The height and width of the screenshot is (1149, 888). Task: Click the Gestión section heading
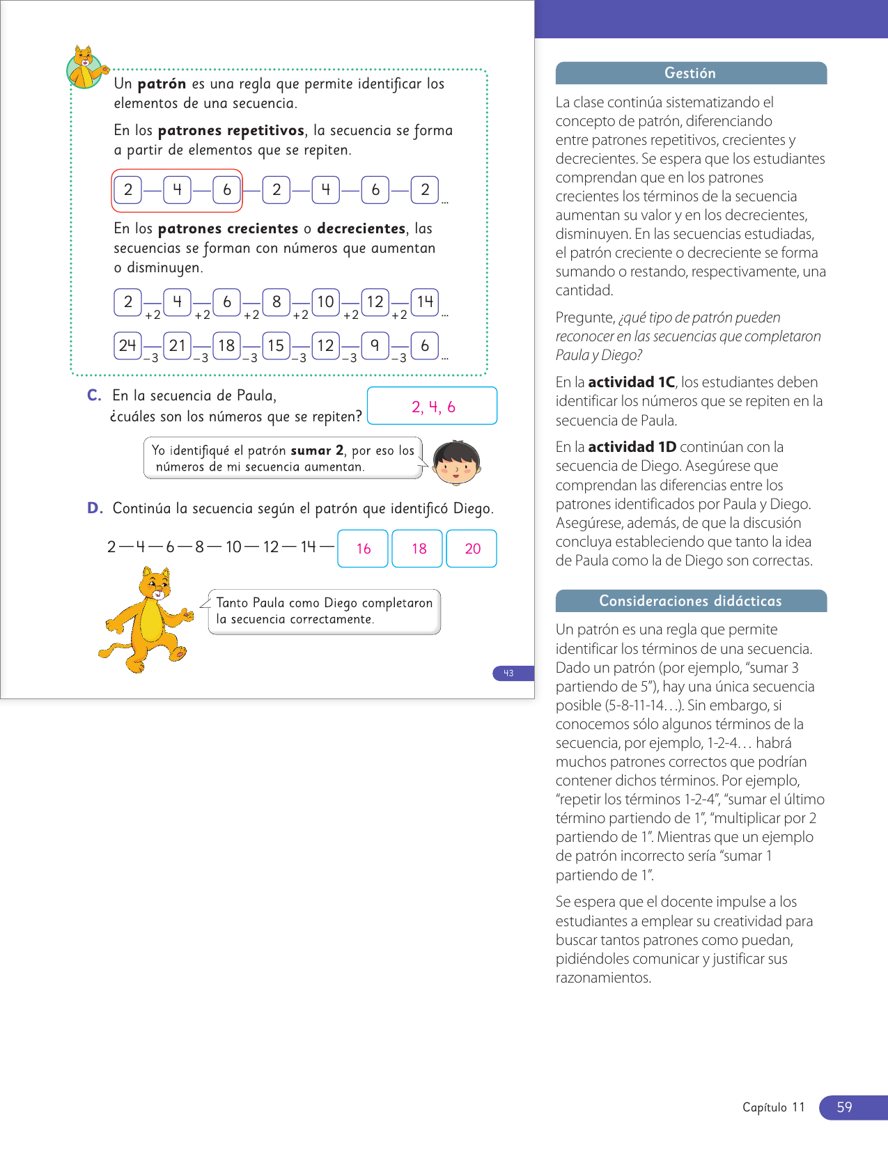coord(690,73)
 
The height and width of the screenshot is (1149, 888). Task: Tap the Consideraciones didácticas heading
coord(690,601)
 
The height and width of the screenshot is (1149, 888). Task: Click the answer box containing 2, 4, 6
coord(432,406)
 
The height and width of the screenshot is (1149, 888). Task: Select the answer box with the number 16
coord(363,549)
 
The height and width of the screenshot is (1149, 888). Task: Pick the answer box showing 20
coord(472,549)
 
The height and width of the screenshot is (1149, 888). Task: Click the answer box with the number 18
coord(418,549)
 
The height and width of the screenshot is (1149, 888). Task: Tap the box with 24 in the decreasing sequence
coord(127,345)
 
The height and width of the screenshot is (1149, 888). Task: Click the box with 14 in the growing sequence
coord(425,302)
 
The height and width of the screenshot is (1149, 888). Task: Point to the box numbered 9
coord(375,345)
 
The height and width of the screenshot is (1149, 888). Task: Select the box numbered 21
coord(178,345)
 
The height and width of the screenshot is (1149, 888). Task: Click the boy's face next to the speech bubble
coord(456,462)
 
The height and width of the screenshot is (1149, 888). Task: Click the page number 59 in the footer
coord(845,1107)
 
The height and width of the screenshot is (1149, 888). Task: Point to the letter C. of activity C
coord(94,396)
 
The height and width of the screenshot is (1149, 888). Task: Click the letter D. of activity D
coord(95,508)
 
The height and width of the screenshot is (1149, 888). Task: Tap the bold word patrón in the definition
coord(162,84)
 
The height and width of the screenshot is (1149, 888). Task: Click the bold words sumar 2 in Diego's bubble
coord(317,451)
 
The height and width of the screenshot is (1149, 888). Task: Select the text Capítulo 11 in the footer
coord(773,1107)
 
